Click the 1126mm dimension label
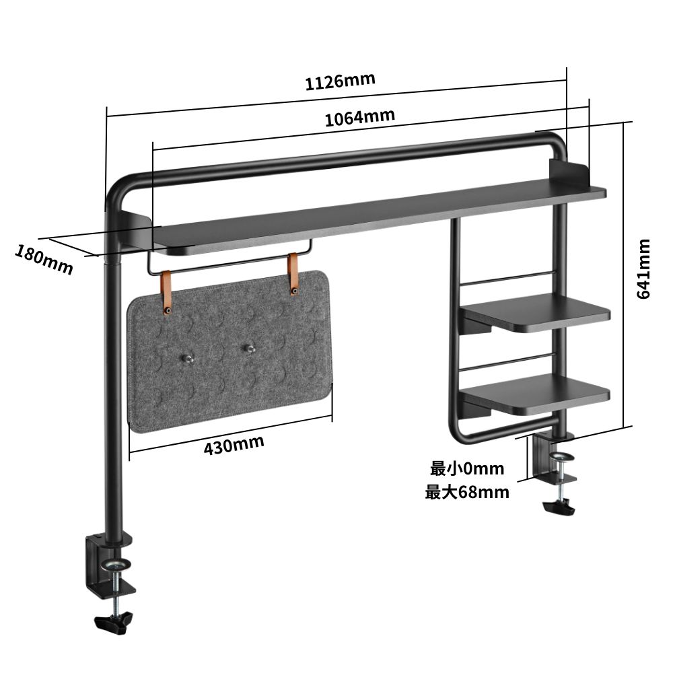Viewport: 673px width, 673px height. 341,81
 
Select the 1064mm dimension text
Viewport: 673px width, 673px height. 359,117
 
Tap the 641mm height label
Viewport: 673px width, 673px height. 643,269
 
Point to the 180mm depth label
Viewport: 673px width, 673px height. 44,259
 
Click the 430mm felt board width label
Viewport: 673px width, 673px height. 234,445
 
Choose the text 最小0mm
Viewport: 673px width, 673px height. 467,468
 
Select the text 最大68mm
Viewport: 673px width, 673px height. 467,492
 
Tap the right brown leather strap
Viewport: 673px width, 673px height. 293,274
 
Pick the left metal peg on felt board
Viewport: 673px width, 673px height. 187,359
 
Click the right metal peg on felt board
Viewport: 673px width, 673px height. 249,349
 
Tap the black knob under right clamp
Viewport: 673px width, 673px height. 559,507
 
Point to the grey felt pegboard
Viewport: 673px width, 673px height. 229,352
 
